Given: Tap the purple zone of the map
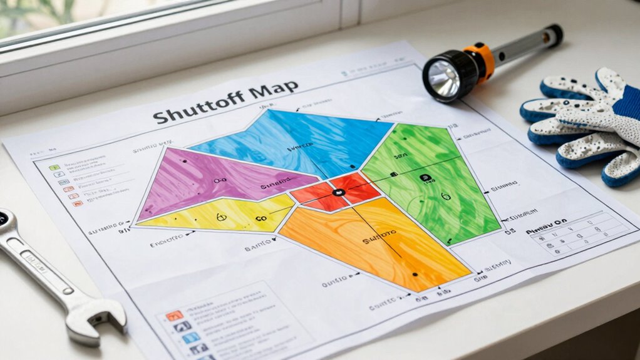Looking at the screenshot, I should pyautogui.click(x=207, y=178).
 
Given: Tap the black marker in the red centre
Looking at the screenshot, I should pyautogui.click(x=338, y=193).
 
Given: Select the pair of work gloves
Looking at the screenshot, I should pyautogui.click(x=582, y=125).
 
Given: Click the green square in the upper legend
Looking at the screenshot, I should pyautogui.click(x=54, y=167).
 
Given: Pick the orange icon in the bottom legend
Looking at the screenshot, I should pyautogui.click(x=175, y=315).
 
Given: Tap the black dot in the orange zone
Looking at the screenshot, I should pyautogui.click(x=415, y=274).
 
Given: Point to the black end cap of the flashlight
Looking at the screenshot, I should pyautogui.click(x=554, y=34).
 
